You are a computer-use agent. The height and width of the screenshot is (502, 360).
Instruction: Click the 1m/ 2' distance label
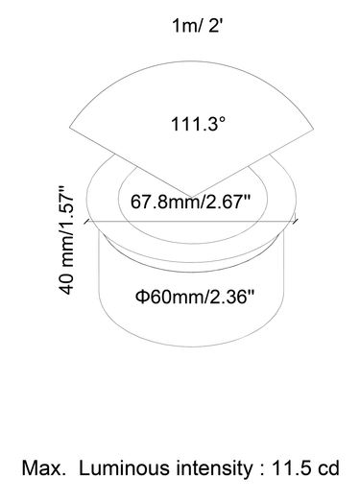pos(197,25)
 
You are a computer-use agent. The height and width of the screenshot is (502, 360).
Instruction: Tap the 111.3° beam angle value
pos(199,124)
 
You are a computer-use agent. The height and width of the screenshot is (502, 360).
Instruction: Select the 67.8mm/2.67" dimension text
pos(190,202)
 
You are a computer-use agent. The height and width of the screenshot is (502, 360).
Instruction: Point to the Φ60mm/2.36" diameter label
pos(195,297)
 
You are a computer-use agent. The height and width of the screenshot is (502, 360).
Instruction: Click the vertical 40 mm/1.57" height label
pos(66,240)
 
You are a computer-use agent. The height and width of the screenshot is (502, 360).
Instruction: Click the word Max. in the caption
pos(43,468)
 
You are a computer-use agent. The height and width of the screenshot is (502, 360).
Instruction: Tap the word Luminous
pos(124,468)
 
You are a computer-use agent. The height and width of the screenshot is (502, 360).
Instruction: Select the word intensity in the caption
pos(214,468)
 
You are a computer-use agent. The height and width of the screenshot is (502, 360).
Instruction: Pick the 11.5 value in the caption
pos(292,468)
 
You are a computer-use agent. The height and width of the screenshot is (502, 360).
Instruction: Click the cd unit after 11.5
pos(328,468)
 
